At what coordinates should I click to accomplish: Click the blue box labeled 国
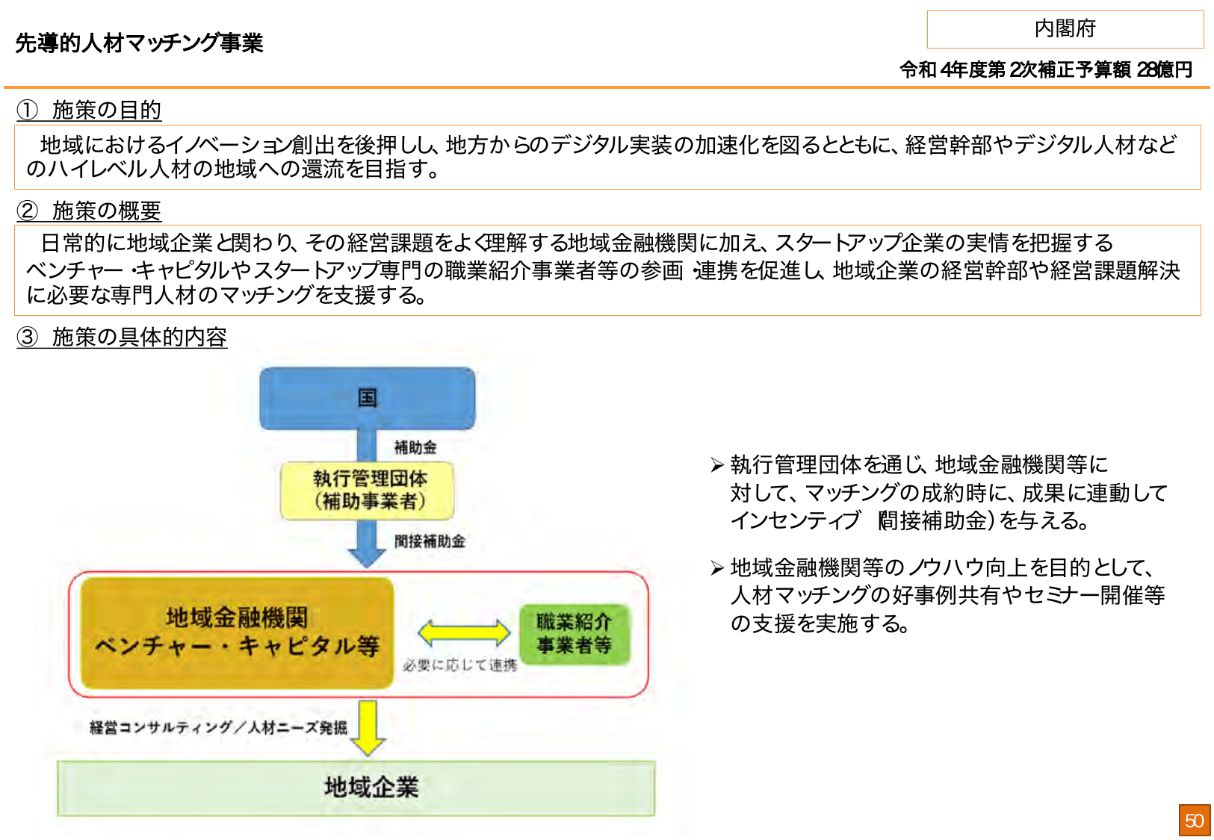[367, 398]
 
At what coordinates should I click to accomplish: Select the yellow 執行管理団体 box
[367, 490]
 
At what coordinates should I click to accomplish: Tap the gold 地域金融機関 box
[237, 632]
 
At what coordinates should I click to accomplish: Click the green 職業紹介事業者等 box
[575, 633]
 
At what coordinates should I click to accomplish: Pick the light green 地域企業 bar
[356, 788]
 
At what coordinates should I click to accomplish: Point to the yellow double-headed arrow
[463, 633]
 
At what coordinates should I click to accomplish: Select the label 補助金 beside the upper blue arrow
[415, 447]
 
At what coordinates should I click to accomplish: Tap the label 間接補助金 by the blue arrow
[430, 541]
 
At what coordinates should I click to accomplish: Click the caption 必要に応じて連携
[459, 665]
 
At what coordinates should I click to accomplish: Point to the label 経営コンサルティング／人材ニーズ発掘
[218, 727]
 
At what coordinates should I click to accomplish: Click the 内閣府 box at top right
[1065, 29]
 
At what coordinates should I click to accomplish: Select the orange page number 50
[1194, 821]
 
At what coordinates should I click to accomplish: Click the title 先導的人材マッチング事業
[139, 43]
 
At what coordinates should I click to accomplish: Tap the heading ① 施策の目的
[89, 111]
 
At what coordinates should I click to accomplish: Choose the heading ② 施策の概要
[89, 211]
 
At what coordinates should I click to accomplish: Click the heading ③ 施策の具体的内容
[122, 337]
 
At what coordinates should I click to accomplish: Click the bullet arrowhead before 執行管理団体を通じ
[717, 466]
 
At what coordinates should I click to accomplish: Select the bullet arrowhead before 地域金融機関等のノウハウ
[717, 569]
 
